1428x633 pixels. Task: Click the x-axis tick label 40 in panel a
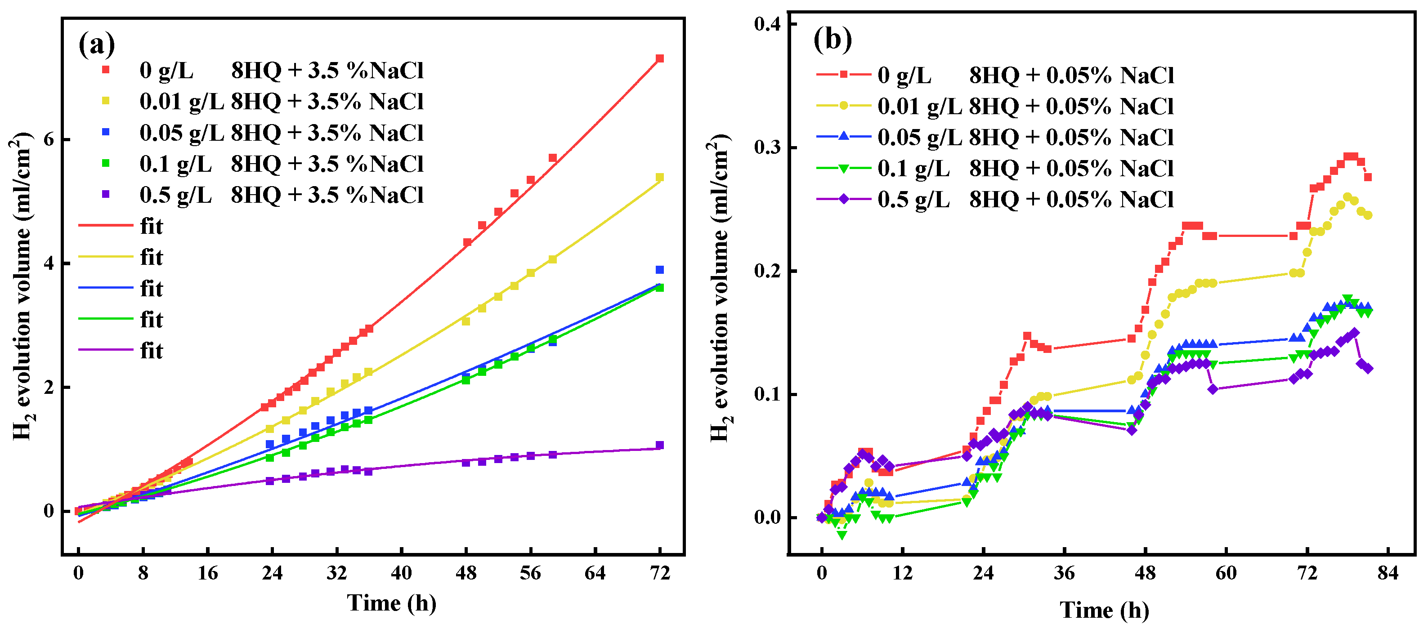[x=401, y=573]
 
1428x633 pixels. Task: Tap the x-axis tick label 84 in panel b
[x=1388, y=573]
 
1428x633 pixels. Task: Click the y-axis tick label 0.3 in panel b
[x=768, y=148]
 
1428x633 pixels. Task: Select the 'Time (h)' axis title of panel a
[x=391, y=603]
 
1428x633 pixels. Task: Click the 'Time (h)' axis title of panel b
[x=1104, y=610]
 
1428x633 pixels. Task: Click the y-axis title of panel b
[x=721, y=288]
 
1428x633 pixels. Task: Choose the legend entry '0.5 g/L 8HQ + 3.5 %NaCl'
[x=281, y=195]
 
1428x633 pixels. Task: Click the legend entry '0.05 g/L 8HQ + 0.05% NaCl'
[x=1025, y=137]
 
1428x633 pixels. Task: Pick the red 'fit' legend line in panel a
[x=105, y=226]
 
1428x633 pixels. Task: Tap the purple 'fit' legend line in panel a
[x=105, y=350]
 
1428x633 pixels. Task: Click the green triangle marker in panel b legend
[x=843, y=169]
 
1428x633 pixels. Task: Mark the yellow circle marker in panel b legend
[x=843, y=106]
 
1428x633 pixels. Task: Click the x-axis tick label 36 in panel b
[x=1064, y=573]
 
